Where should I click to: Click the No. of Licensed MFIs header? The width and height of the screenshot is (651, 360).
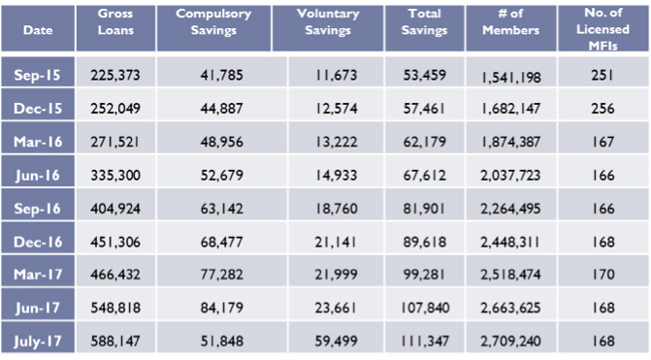tap(609, 29)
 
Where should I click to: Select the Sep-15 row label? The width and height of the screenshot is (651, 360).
tap(40, 75)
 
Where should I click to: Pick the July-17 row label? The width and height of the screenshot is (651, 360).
tap(40, 342)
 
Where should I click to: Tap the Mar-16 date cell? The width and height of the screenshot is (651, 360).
tap(40, 142)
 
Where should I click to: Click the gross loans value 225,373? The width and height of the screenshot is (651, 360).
tap(117, 75)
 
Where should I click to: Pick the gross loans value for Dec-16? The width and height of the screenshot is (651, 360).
tap(117, 242)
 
